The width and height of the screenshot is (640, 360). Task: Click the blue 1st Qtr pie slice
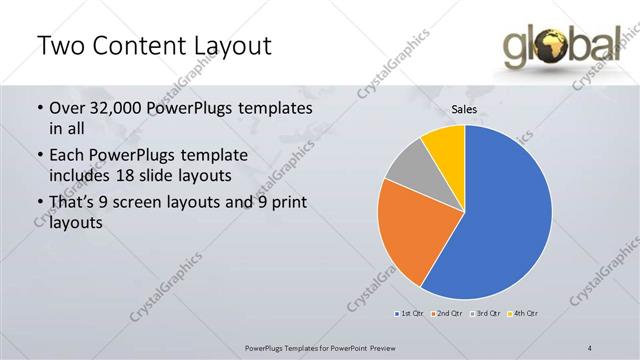pos(500,220)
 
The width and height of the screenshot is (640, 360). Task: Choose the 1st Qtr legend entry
pos(410,314)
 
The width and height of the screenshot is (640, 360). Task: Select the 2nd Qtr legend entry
pos(446,314)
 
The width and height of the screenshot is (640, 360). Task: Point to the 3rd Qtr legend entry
pos(485,314)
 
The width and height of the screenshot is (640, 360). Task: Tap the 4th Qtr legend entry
pos(523,314)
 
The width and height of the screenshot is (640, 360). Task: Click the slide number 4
pos(590,347)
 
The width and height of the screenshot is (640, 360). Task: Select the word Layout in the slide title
pos(228,46)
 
